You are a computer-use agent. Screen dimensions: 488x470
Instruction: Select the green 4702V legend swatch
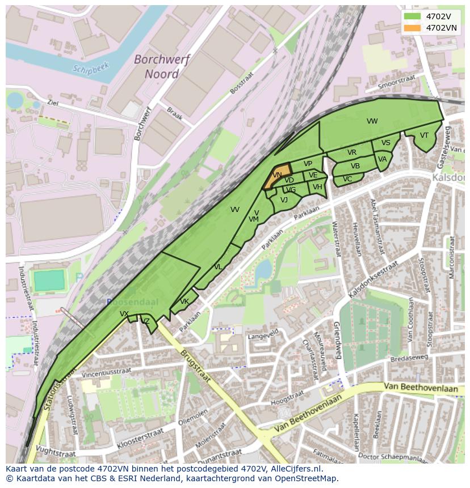pyautogui.click(x=413, y=16)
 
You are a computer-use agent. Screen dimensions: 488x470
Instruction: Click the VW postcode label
pyautogui.click(x=372, y=121)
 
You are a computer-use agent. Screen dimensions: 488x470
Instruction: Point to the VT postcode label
pyautogui.click(x=424, y=135)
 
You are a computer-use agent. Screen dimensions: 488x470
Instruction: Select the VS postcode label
pyautogui.click(x=386, y=143)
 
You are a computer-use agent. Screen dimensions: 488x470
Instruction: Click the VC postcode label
pyautogui.click(x=348, y=179)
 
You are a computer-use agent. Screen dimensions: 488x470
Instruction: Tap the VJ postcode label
pyautogui.click(x=284, y=200)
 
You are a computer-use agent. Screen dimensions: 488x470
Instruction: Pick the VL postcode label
pyautogui.click(x=218, y=267)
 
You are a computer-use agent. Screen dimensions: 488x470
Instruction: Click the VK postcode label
pyautogui.click(x=184, y=302)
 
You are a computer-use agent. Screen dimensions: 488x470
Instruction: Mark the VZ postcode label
pyautogui.click(x=146, y=321)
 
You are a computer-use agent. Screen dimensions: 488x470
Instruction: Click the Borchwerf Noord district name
pyautogui.click(x=162, y=66)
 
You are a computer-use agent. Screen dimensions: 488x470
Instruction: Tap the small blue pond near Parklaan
pyautogui.click(x=263, y=271)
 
